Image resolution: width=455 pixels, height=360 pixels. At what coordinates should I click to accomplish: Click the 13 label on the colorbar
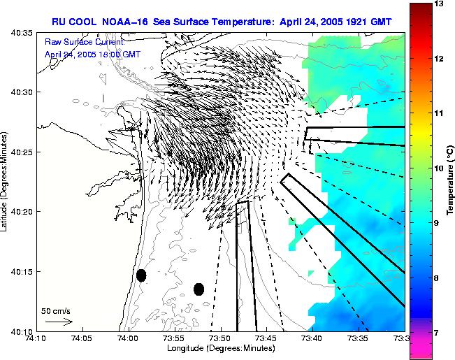pyautogui.click(x=441, y=4)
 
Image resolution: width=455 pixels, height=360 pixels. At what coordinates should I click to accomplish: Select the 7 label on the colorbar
pyautogui.click(x=439, y=333)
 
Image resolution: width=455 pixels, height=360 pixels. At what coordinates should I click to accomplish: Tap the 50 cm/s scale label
pyautogui.click(x=56, y=310)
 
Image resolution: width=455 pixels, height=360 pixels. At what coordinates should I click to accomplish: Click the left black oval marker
pyautogui.click(x=141, y=275)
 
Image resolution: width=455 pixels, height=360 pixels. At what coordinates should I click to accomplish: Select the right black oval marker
pyautogui.click(x=198, y=289)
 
